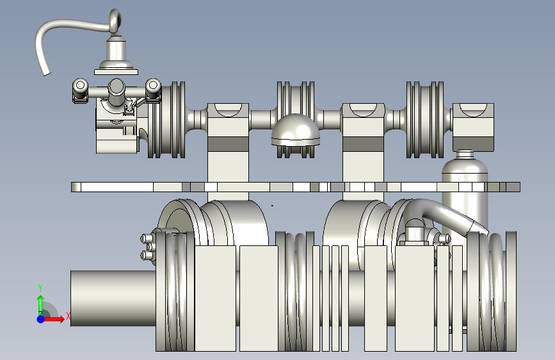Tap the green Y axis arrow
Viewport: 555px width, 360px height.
(41, 304)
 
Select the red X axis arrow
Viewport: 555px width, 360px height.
(54, 319)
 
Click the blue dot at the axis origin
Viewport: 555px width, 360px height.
(41, 319)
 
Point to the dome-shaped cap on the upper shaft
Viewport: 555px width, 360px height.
(296, 130)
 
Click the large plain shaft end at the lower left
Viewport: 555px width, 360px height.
(113, 298)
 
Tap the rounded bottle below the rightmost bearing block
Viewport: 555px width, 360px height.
(465, 195)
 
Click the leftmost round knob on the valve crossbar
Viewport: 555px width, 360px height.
(81, 85)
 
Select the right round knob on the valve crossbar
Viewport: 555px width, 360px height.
(153, 85)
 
